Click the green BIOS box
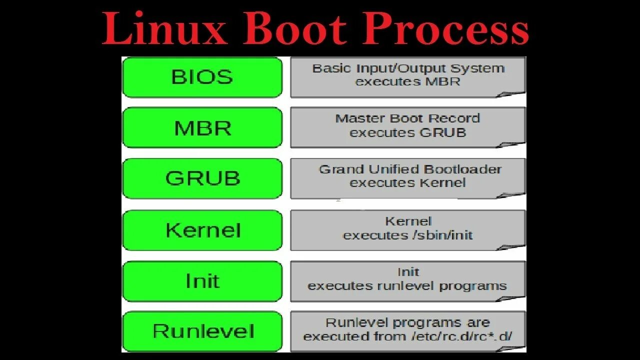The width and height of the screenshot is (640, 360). [202, 77]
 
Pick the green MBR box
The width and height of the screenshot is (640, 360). [202, 128]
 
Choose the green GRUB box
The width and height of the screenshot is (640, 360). [202, 178]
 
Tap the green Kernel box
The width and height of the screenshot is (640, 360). [202, 230]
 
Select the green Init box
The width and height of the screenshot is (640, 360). [202, 281]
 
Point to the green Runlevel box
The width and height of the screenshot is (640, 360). [202, 331]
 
